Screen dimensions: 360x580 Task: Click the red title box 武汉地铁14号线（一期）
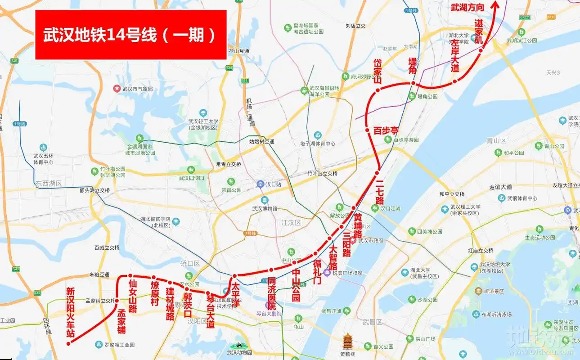pyautogui.click(x=130, y=35)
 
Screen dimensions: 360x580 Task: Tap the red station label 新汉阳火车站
pyautogui.click(x=70, y=313)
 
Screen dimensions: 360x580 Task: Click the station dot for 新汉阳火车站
pyautogui.click(x=68, y=343)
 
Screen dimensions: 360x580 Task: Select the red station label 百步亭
pyautogui.click(x=386, y=131)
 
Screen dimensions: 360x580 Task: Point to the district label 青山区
pyautogui.click(x=497, y=140)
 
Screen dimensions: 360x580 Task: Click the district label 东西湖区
pyautogui.click(x=49, y=184)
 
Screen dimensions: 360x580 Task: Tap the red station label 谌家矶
pyautogui.click(x=478, y=31)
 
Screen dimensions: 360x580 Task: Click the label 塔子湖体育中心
pyautogui.click(x=318, y=144)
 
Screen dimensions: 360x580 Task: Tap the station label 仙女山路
pyautogui.click(x=133, y=296)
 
